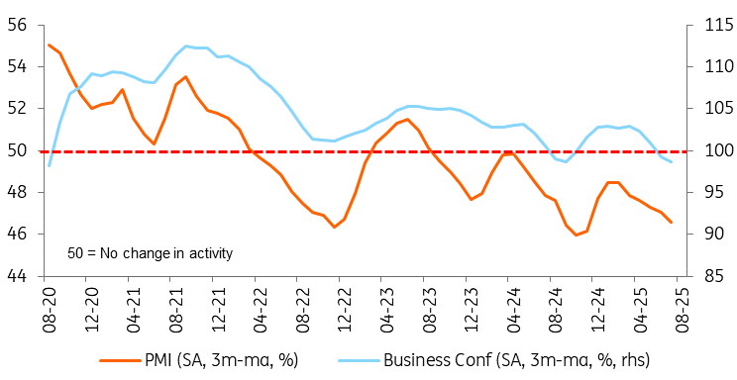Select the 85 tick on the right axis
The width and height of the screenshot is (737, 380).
click(x=714, y=276)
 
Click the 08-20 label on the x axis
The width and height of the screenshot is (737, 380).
click(x=49, y=304)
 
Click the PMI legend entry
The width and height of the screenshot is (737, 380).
click(x=199, y=361)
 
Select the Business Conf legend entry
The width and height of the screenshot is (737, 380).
click(x=493, y=361)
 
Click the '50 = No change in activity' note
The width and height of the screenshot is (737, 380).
click(x=150, y=253)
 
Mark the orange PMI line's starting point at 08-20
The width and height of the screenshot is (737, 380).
click(x=50, y=46)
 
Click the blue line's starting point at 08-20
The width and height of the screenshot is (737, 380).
click(x=50, y=166)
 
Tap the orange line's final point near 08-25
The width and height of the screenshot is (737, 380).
click(x=672, y=223)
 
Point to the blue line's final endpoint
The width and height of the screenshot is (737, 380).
click(x=672, y=162)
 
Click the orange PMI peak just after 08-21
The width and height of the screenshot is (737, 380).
click(x=185, y=76)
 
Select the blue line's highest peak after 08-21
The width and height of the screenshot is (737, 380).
click(x=185, y=47)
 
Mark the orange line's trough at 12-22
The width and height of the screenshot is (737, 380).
click(x=334, y=227)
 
